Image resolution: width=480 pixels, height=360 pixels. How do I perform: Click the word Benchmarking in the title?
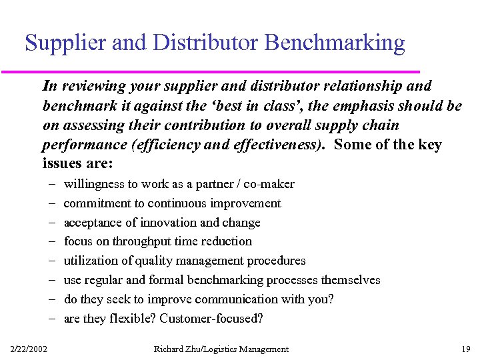pos(335,43)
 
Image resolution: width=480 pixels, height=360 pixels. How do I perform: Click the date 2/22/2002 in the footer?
pos(29,349)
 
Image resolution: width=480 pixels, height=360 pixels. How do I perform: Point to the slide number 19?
pos(465,349)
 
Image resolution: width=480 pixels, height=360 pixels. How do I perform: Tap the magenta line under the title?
pos(220,71)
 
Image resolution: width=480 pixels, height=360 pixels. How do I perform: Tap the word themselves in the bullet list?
pos(351,280)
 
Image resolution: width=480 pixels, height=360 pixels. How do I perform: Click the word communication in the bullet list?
pos(255,299)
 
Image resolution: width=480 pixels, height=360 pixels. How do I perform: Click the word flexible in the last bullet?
pos(133,319)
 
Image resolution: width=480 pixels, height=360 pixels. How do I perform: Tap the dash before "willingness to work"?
pos(52,184)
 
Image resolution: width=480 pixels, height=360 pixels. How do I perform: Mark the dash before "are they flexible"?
pos(52,319)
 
